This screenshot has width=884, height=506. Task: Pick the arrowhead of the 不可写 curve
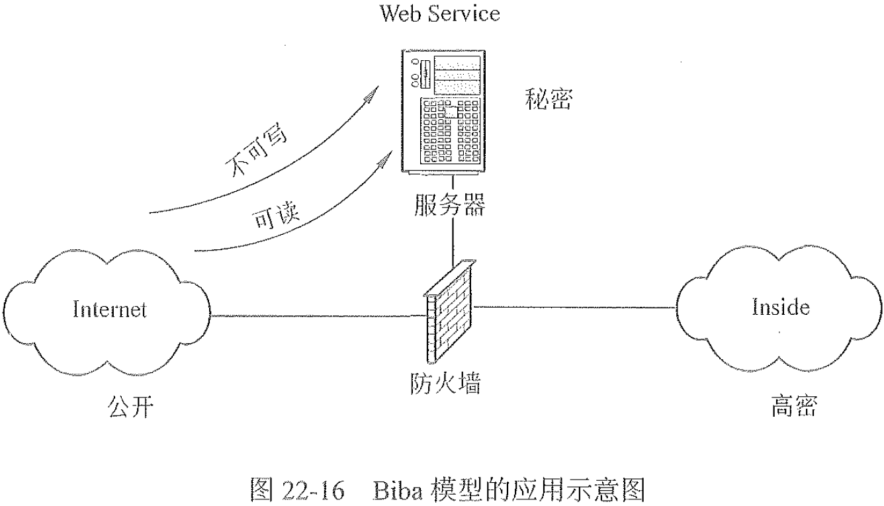tap(375, 92)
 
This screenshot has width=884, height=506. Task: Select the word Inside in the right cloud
tap(781, 307)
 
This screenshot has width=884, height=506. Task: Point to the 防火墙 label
tap(442, 382)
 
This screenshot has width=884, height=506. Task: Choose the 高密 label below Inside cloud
tap(794, 405)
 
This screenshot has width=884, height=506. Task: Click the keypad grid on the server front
tap(450, 132)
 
